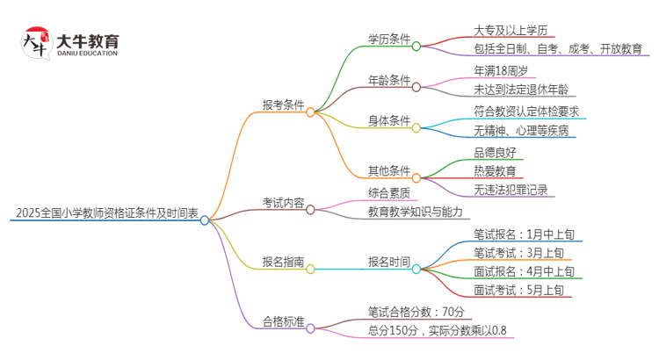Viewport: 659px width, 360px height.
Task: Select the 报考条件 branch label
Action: pyautogui.click(x=283, y=104)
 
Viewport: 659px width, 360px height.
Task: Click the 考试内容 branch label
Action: pyautogui.click(x=283, y=203)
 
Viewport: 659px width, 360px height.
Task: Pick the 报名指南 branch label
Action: pyautogui.click(x=283, y=262)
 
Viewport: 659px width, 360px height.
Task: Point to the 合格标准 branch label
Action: pyautogui.click(x=283, y=322)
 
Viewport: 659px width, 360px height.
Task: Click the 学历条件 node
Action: pyautogui.click(x=389, y=39)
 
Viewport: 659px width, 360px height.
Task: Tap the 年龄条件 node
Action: pyautogui.click(x=389, y=80)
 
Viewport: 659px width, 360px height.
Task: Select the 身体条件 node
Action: pyautogui.click(x=389, y=120)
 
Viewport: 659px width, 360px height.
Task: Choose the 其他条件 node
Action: pyautogui.click(x=389, y=169)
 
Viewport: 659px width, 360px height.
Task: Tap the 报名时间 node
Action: pyautogui.click(x=389, y=262)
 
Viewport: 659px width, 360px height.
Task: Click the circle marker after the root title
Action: pyautogui.click(x=205, y=220)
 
